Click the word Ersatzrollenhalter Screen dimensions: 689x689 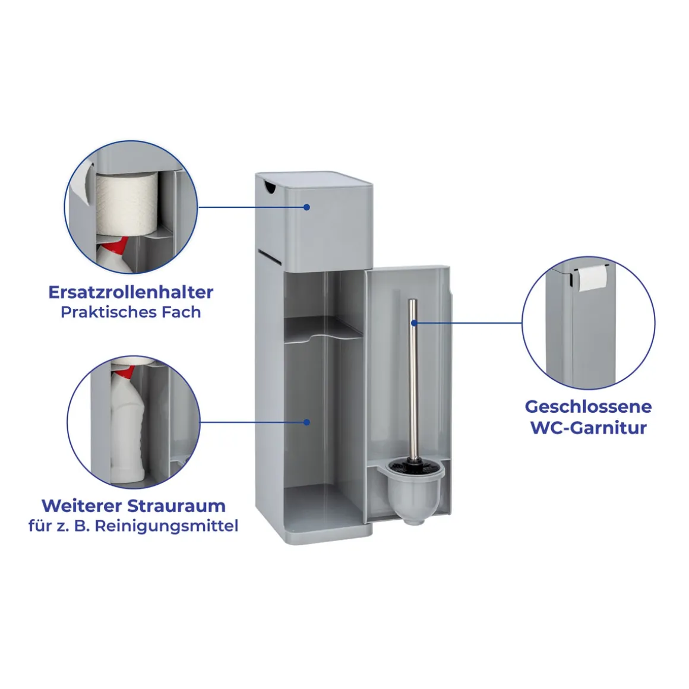131,292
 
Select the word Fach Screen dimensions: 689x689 181,312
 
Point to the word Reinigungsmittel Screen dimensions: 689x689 166,526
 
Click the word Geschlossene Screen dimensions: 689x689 589,406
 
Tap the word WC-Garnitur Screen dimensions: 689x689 589,428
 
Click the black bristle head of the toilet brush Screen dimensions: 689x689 413,466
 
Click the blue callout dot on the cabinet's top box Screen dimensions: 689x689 306,207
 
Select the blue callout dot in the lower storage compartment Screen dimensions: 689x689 306,422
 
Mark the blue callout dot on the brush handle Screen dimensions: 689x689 414,323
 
